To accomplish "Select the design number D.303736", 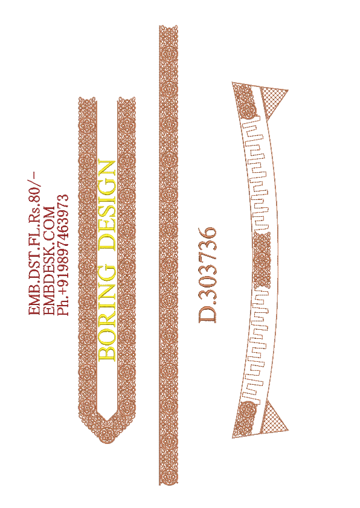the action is (x=207, y=275).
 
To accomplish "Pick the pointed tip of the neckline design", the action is (x=107, y=443).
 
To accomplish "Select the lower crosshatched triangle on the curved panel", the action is (x=274, y=417).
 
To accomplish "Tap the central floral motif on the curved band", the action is (x=262, y=261).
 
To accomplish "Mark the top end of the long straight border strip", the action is (x=169, y=26).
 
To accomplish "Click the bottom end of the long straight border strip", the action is (x=169, y=484).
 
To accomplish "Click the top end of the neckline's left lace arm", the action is (x=88, y=98).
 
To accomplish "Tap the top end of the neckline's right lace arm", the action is (x=126, y=98).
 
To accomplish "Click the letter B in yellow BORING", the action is (x=106, y=354).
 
